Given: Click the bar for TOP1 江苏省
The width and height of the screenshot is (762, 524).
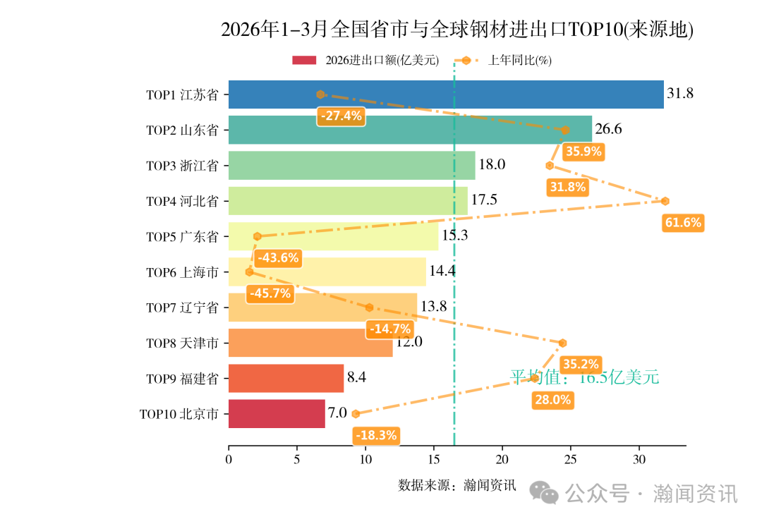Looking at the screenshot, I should pyautogui.click(x=446, y=95).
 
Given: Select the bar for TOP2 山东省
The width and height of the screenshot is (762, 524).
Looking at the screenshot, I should pyautogui.click(x=410, y=130).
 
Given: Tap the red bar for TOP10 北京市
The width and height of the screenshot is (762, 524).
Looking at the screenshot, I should pyautogui.click(x=277, y=414).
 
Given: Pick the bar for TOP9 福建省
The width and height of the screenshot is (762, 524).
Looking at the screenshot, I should pyautogui.click(x=286, y=379).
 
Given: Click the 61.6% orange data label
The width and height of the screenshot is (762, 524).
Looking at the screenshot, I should pyautogui.click(x=683, y=223).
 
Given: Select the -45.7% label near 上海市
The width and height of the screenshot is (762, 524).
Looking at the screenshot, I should pyautogui.click(x=270, y=293).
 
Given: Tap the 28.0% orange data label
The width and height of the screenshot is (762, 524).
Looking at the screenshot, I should pyautogui.click(x=552, y=400).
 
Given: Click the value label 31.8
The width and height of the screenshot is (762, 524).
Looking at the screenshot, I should pyautogui.click(x=681, y=94).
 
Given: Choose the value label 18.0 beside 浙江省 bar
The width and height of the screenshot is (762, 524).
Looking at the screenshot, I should pyautogui.click(x=492, y=165).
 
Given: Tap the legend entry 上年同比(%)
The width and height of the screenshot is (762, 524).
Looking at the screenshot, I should pyautogui.click(x=519, y=61).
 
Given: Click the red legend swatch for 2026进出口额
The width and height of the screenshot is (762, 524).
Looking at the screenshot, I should pyautogui.click(x=305, y=61).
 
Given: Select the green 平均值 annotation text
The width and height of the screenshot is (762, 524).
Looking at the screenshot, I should pyautogui.click(x=584, y=377).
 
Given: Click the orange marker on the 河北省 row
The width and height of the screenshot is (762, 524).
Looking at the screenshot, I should pyautogui.click(x=665, y=201).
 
